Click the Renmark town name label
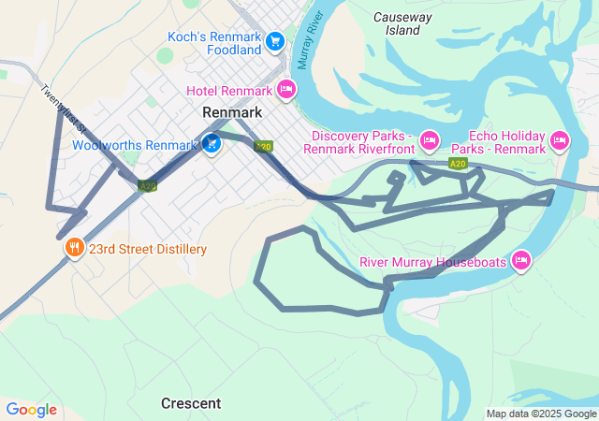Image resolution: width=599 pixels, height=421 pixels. [231, 112]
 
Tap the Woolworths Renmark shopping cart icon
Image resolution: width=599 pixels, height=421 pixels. [212, 144]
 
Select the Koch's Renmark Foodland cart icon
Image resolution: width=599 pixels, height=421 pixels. [274, 41]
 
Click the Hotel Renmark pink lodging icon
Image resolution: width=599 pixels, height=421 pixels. [286, 90]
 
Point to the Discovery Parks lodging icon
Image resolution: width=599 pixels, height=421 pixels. [429, 140]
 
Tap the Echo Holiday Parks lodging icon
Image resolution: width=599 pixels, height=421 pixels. [560, 140]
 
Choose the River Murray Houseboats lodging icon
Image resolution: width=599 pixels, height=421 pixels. [521, 260]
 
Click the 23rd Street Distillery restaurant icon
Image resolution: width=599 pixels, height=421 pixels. [74, 249]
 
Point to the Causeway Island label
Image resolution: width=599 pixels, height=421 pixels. [402, 23]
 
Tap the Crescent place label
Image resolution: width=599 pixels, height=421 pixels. [191, 403]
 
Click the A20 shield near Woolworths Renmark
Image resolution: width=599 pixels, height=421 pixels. [264, 147]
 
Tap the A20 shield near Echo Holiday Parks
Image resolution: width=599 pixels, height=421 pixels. [457, 164]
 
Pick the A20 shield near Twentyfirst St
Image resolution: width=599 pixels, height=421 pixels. [147, 185]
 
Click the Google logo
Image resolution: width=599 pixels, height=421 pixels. [31, 410]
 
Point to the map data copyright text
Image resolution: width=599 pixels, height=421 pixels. [541, 414]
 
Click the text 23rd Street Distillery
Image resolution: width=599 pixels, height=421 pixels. [148, 249]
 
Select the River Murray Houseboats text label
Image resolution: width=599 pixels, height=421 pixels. [432, 262]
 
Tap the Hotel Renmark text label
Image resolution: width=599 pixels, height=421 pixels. [229, 91]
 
